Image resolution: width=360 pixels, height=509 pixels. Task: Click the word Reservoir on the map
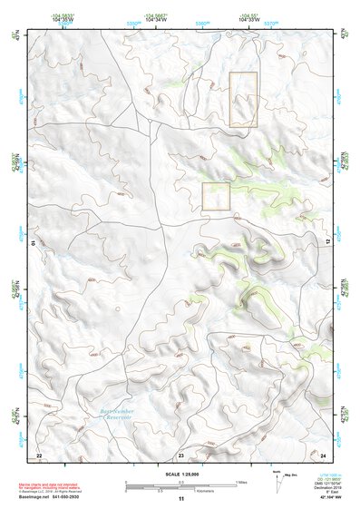pyautogui.click(x=112, y=418)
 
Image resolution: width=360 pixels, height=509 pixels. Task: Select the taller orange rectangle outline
pyautogui.click(x=243, y=99)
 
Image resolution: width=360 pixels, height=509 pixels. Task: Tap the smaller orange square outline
pyautogui.click(x=216, y=197)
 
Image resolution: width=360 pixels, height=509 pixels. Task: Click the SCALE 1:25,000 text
pyautogui.click(x=180, y=473)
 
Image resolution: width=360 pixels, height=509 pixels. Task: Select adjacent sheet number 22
pyautogui.click(x=39, y=454)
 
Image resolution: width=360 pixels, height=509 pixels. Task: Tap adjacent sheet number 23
pyautogui.click(x=181, y=454)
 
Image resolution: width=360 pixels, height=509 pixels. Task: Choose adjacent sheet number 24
pyautogui.click(x=323, y=454)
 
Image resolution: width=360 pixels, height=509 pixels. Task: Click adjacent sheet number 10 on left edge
pyautogui.click(x=33, y=242)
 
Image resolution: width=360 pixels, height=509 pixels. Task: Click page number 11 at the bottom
pyautogui.click(x=180, y=499)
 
